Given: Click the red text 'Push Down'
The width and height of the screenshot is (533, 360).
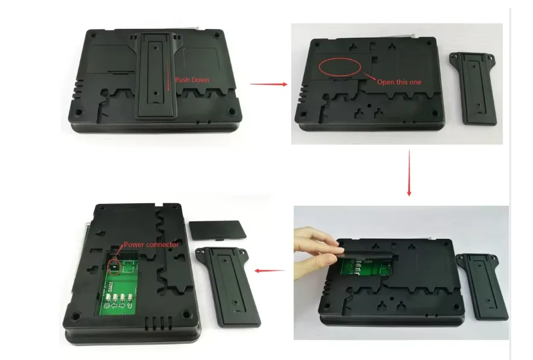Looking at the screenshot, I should coord(192,80).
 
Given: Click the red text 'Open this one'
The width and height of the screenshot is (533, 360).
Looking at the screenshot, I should coord(399,82).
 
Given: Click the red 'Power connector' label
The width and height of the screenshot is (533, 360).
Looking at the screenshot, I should coord(151,245).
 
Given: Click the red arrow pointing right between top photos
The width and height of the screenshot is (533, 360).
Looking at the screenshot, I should coord(268,84).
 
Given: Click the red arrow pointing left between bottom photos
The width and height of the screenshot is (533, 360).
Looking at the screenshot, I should coord(269,271).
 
